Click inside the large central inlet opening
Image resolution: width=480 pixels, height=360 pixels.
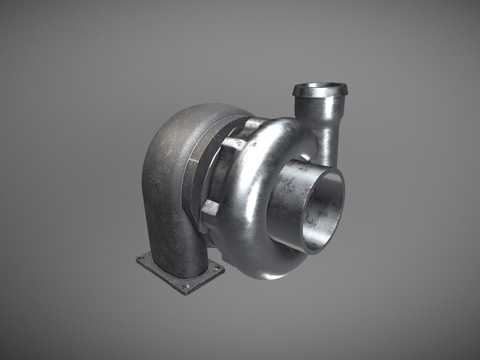tap(322, 206)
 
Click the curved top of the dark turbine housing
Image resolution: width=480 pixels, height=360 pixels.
tap(195, 120)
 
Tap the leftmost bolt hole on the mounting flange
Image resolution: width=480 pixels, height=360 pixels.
tap(143, 262)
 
